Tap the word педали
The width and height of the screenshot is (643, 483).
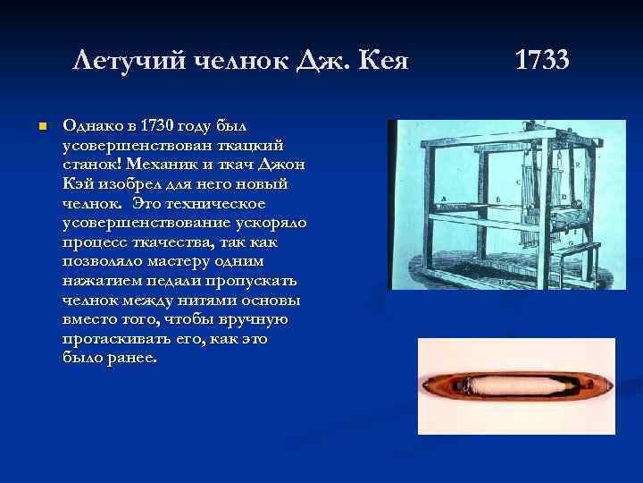click(163, 281)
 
